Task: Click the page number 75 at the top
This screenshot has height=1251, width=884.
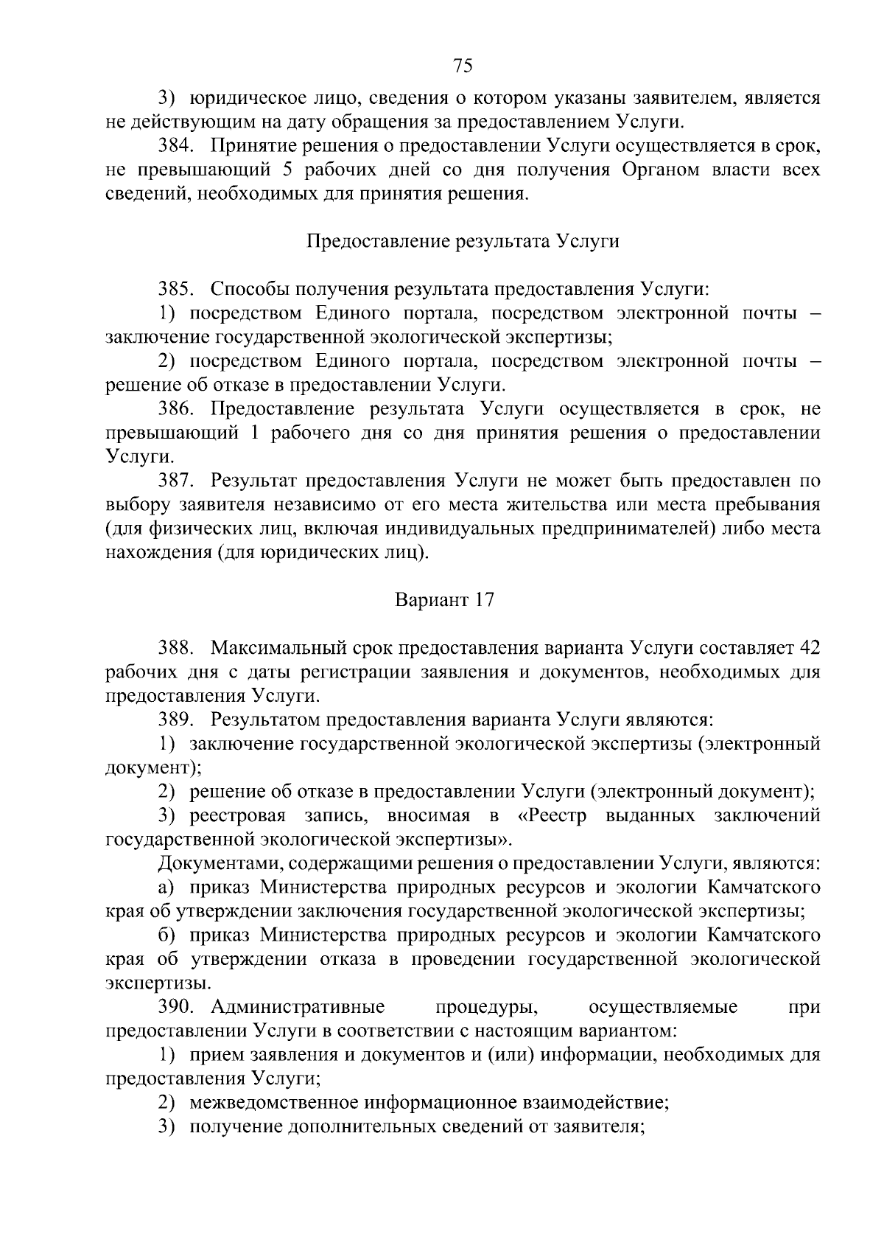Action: point(462,66)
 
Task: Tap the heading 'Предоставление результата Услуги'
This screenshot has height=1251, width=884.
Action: point(462,242)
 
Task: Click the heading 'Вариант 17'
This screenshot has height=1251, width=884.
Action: point(444,601)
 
